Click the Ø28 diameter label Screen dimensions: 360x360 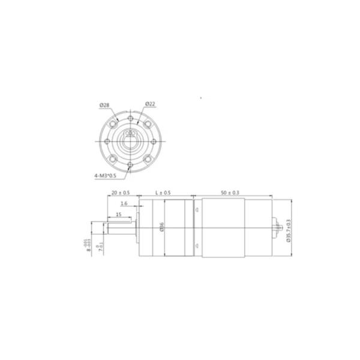[x=104, y=105]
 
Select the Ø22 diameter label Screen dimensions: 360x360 [x=151, y=105]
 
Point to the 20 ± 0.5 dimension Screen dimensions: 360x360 [x=121, y=193]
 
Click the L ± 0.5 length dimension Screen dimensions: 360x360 [x=163, y=193]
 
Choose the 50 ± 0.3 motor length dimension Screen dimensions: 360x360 [x=230, y=193]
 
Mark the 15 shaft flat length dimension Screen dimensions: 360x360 [x=119, y=214]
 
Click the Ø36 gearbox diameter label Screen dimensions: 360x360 [x=162, y=227]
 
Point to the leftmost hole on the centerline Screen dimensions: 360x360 [x=106, y=141]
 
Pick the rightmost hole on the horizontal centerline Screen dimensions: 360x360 [x=154, y=141]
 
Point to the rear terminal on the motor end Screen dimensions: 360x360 [x=277, y=228]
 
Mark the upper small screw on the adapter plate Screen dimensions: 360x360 [x=196, y=210]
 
